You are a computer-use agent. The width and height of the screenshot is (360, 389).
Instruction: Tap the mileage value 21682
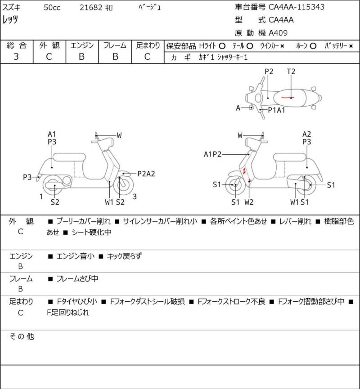[x=90, y=7]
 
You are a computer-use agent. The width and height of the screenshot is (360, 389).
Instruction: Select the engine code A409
[x=279, y=32]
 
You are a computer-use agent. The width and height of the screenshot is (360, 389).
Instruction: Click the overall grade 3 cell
[x=16, y=57]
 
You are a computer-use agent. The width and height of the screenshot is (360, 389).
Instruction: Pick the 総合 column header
[x=16, y=45]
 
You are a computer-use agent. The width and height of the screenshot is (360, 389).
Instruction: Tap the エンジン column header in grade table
[x=81, y=45]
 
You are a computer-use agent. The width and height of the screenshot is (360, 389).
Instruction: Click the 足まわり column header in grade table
[x=148, y=45]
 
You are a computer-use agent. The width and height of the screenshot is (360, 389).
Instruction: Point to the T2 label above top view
[x=291, y=72]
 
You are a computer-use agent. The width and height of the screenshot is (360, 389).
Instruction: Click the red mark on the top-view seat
[x=286, y=97]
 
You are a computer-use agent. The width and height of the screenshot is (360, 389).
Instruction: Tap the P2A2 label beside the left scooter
[x=146, y=174]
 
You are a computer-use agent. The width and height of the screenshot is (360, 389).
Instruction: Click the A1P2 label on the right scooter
[x=213, y=154]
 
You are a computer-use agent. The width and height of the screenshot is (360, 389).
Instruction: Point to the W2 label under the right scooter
[x=249, y=202]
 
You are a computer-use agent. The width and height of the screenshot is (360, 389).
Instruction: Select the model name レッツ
[x=11, y=20]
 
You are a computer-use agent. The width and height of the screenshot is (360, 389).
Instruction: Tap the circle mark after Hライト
[x=222, y=46]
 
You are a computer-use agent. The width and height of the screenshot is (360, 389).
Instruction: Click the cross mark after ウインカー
[x=282, y=46]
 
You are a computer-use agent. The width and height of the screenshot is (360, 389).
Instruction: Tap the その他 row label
[x=22, y=336]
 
